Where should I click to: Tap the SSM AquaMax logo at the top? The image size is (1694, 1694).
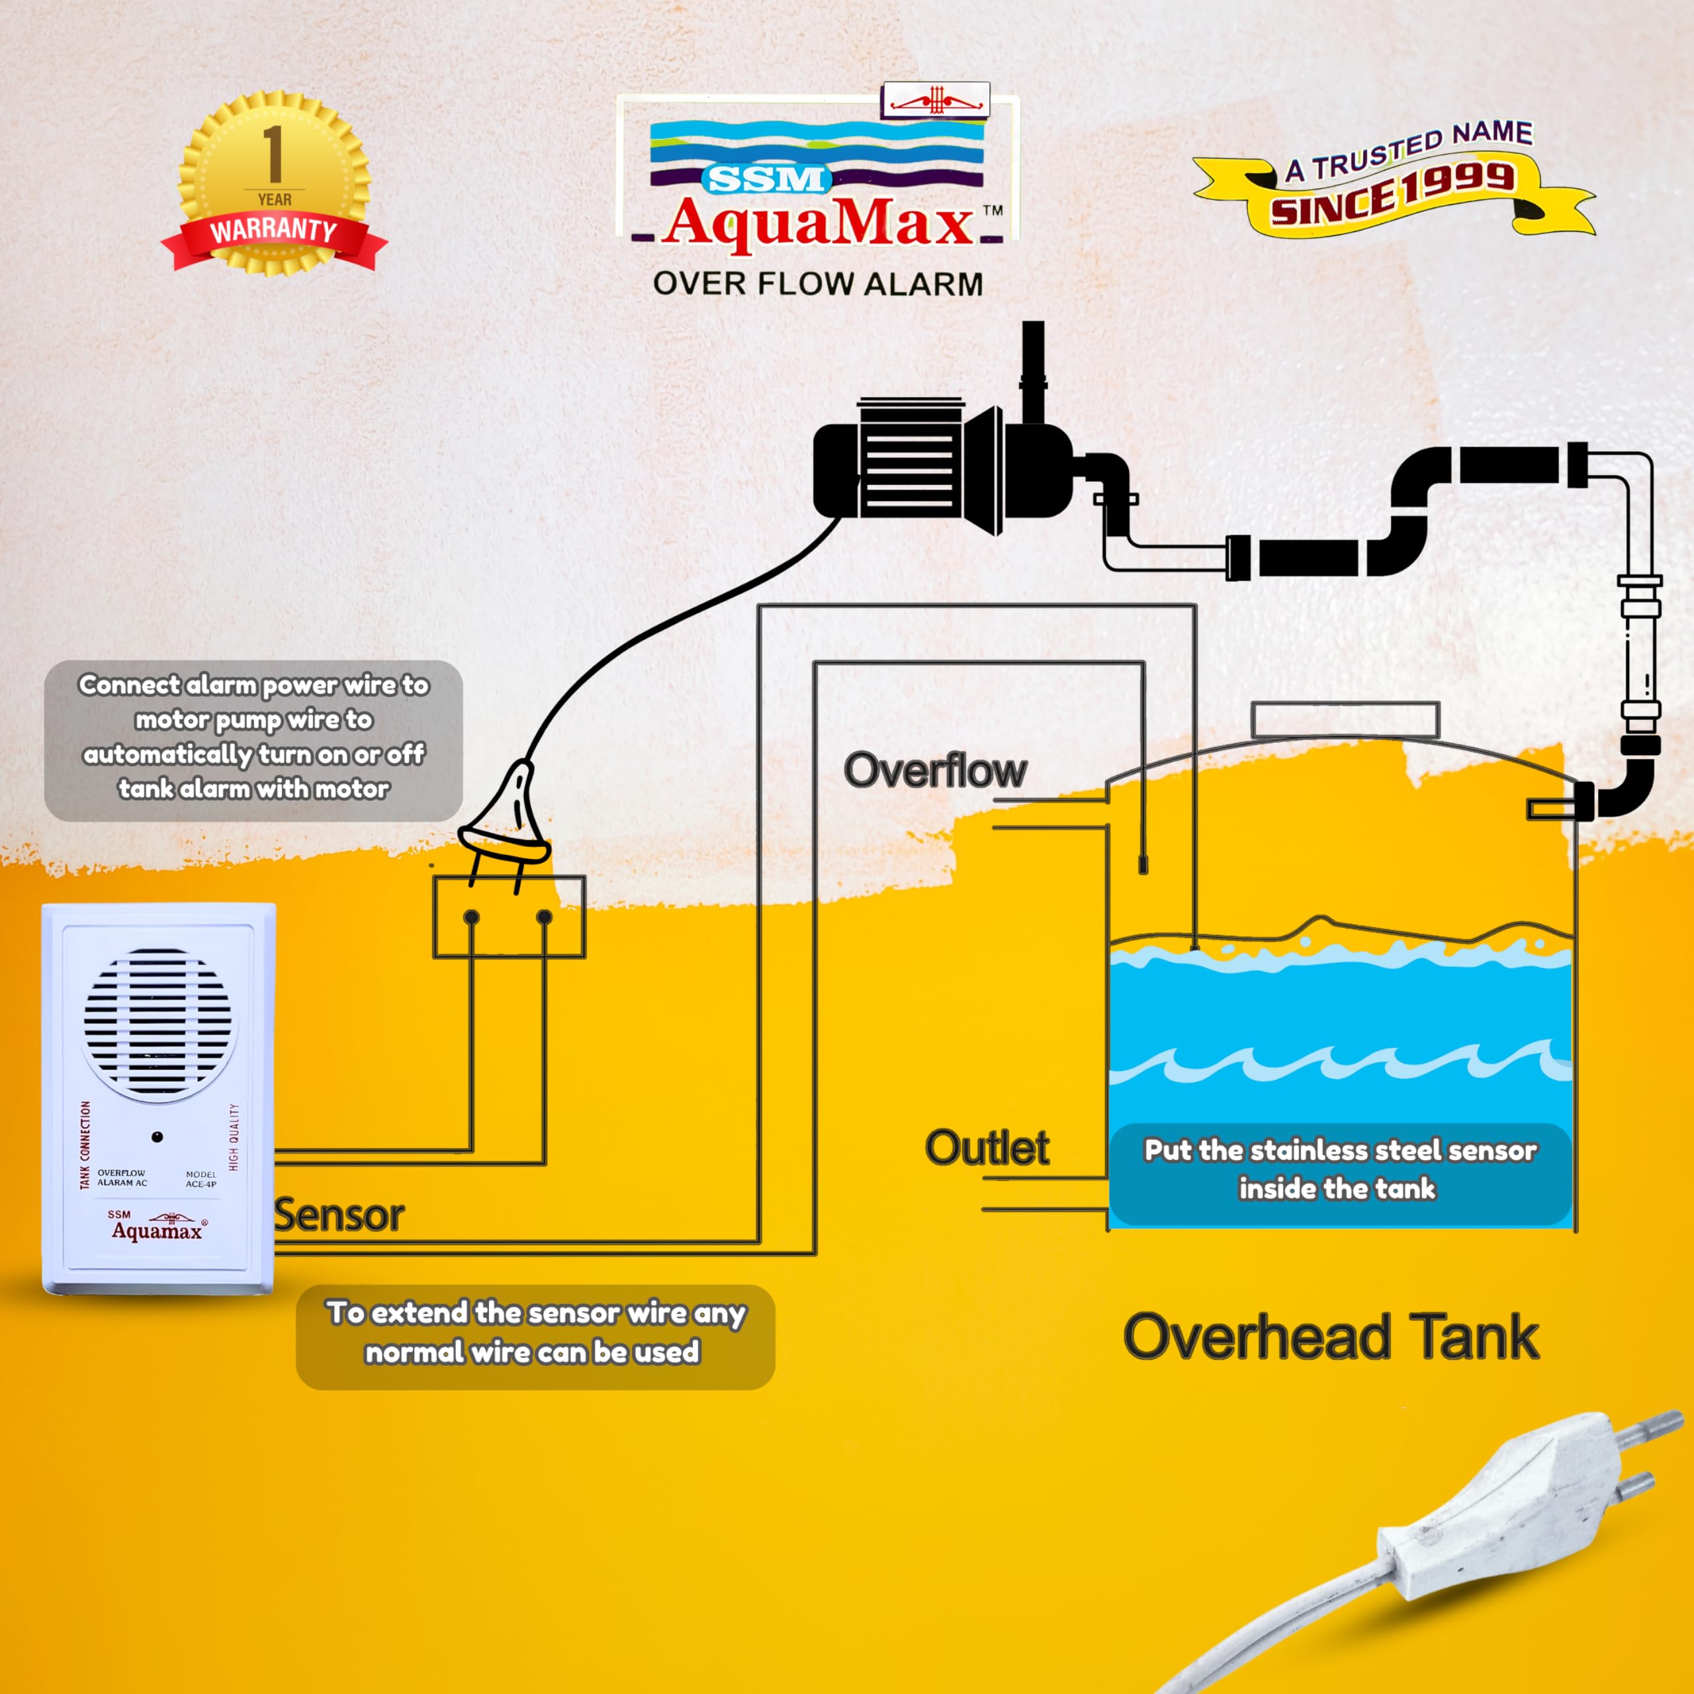[x=817, y=180]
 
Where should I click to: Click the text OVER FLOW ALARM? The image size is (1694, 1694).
[x=817, y=284]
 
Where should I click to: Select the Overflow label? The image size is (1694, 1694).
[x=935, y=771]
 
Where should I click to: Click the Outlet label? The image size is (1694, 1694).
[x=987, y=1149]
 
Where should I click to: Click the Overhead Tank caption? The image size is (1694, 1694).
[x=1331, y=1338]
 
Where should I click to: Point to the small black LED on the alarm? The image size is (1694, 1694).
[x=157, y=1137]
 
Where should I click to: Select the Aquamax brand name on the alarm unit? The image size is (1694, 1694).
[x=156, y=1232]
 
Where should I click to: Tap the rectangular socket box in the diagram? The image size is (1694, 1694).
[x=509, y=917]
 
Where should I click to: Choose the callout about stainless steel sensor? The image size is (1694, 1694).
[x=1340, y=1170]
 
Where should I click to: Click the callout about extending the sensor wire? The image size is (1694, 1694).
[x=535, y=1333]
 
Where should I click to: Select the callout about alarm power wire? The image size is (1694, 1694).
[x=253, y=737]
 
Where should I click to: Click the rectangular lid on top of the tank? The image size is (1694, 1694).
[x=1345, y=720]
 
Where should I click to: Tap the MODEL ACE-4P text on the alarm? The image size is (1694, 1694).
[x=201, y=1179]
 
